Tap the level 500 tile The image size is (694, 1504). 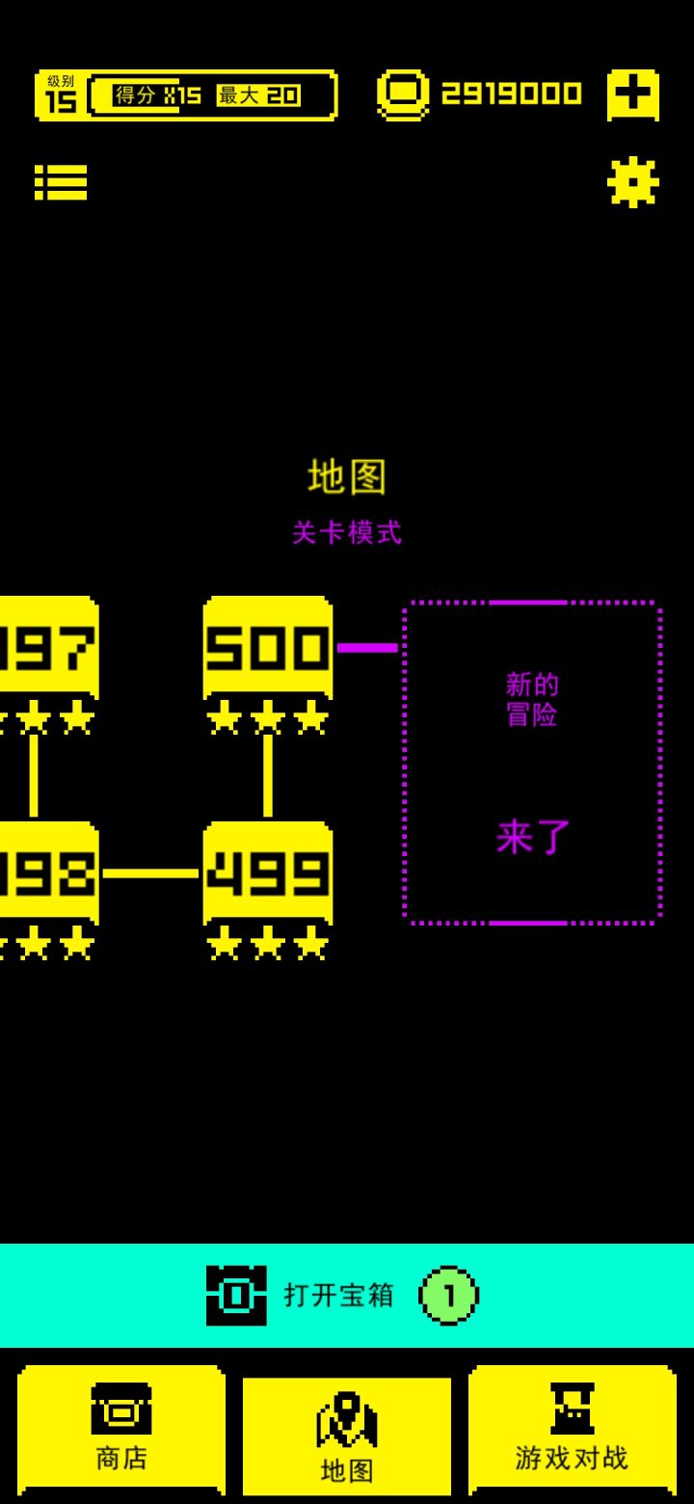268,647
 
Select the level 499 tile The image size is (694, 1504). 268,873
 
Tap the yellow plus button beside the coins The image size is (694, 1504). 632,94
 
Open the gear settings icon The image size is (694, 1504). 632,181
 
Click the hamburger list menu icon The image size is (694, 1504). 61,182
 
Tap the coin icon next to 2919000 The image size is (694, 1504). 403,94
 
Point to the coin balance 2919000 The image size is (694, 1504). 512,94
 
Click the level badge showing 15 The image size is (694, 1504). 60,95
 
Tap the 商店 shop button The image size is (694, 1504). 121,1430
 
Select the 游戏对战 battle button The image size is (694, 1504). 572,1430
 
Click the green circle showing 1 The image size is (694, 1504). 448,1296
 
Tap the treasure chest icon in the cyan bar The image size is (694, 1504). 236,1296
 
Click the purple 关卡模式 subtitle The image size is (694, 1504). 347,532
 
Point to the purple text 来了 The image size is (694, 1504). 533,837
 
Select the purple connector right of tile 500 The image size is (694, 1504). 367,648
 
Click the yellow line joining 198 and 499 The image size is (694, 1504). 150,873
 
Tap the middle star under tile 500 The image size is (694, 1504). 268,717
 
